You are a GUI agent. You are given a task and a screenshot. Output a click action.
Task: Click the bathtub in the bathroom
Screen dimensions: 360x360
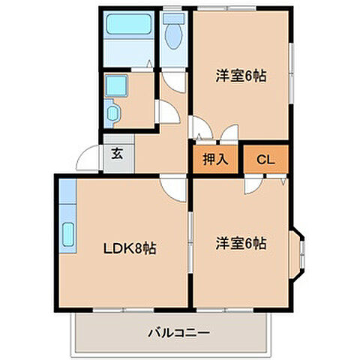coord(128,25)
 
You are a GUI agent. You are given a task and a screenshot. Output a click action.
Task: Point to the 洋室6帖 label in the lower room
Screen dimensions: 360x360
coord(241,243)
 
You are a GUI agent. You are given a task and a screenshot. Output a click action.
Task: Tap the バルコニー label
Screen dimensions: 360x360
coord(178,331)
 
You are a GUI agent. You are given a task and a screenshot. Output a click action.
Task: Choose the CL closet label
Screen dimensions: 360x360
coord(265,159)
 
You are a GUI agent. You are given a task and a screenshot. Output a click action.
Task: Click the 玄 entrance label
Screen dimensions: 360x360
coord(117,155)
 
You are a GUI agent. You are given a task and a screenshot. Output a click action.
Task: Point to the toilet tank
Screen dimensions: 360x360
coord(175,16)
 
